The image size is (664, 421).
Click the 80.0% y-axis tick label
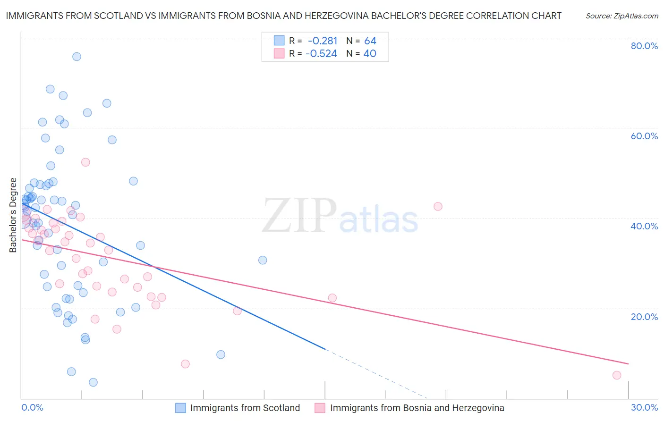pos(644,46)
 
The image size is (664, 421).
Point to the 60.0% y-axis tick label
pos(644,136)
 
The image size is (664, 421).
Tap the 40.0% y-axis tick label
pos(644,226)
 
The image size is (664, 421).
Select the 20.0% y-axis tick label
pos(644,317)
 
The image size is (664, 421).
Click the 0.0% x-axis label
pos(32,408)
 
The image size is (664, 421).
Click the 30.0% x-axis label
pos(644,408)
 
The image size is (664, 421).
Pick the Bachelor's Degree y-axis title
pos(13,215)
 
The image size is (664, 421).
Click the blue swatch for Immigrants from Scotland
pos(180,408)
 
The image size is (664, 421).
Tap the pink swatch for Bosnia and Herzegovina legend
pos(320,408)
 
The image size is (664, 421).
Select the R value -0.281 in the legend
pos(323,41)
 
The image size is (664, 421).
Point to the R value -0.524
pos(321,54)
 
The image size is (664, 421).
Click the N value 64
pos(370,41)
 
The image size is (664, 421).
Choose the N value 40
pos(370,54)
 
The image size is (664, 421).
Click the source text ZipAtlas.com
pos(621,16)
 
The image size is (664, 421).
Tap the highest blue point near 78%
pos(77,57)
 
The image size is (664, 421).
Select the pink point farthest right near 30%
pos(617,375)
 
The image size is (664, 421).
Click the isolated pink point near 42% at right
pos(438,206)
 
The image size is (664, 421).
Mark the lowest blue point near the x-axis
pos(93,382)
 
